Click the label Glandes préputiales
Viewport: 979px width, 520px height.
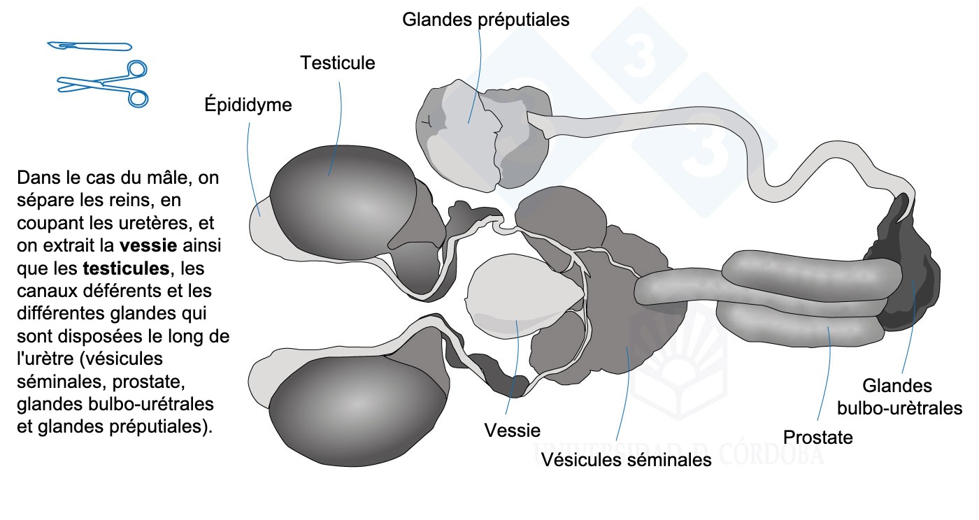485,20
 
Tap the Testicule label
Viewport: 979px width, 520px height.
338,63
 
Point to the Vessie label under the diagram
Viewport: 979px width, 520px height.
513,431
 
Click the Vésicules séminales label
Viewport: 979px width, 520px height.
627,459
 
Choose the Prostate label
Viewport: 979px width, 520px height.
818,438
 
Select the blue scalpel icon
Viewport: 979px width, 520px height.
90,46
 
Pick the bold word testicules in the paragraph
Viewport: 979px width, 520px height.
126,268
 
